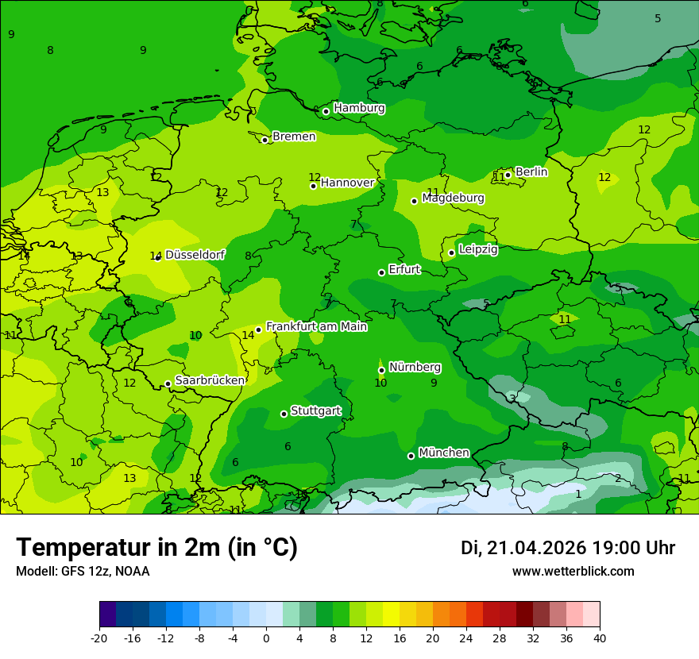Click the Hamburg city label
coord(359,108)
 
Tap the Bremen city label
coord(294,137)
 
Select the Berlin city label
coord(531,171)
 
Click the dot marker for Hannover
coord(314,186)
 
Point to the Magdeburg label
coord(453,198)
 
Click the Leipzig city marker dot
coord(451,252)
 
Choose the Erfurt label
coord(404,270)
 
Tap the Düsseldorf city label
coord(195,255)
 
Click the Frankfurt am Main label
coord(316,326)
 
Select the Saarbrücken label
coord(210,380)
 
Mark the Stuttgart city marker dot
coord(284,414)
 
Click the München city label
coord(443,453)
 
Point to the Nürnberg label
coord(415,367)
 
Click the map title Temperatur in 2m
coord(156,548)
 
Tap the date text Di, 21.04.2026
coord(523,548)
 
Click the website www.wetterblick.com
coord(573,572)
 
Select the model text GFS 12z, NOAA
coord(106,572)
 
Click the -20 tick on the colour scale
coord(99,638)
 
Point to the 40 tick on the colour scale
coord(600,638)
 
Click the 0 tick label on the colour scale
coord(266,638)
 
